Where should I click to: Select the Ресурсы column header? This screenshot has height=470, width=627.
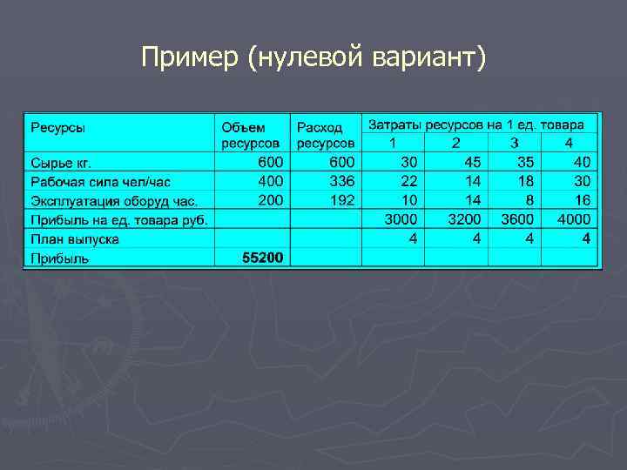[x=58, y=128]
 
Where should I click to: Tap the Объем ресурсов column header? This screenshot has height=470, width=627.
[x=251, y=134]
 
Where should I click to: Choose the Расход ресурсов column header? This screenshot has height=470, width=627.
[x=326, y=134]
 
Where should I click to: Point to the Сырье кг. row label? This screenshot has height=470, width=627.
[x=62, y=163]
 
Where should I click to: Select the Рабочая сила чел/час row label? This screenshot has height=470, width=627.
[x=101, y=182]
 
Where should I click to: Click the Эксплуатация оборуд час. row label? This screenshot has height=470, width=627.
[x=114, y=201]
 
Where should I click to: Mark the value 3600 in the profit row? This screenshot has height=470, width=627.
[x=517, y=219]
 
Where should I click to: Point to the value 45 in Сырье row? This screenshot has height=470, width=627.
[x=472, y=162]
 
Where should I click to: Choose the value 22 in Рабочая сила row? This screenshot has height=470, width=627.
[x=408, y=181]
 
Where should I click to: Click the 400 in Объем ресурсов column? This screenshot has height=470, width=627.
[x=270, y=181]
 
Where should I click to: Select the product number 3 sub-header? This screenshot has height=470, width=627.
[x=514, y=143]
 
